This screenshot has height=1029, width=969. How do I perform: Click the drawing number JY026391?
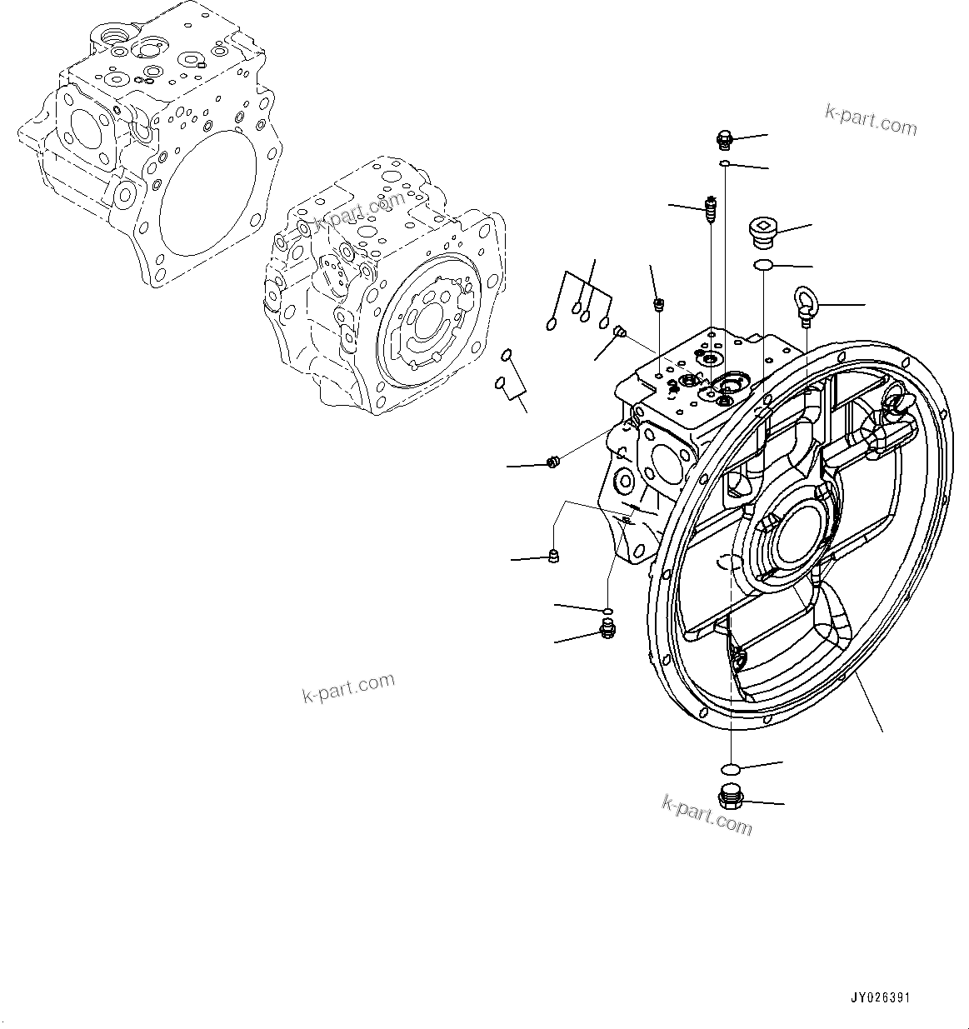click(880, 997)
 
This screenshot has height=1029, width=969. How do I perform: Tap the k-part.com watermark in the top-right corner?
click(871, 120)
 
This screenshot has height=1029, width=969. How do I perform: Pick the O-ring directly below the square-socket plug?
click(762, 265)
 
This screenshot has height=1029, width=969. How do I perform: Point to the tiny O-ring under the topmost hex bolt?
click(726, 163)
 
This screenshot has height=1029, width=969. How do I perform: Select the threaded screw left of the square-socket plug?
click(711, 209)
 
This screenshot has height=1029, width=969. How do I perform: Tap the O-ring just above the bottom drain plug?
click(731, 767)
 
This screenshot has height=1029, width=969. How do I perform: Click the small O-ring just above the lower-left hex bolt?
click(608, 612)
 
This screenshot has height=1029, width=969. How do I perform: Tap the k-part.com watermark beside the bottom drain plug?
click(707, 814)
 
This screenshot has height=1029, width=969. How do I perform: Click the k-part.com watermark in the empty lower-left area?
click(348, 687)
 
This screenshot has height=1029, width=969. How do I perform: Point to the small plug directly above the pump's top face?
click(658, 304)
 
